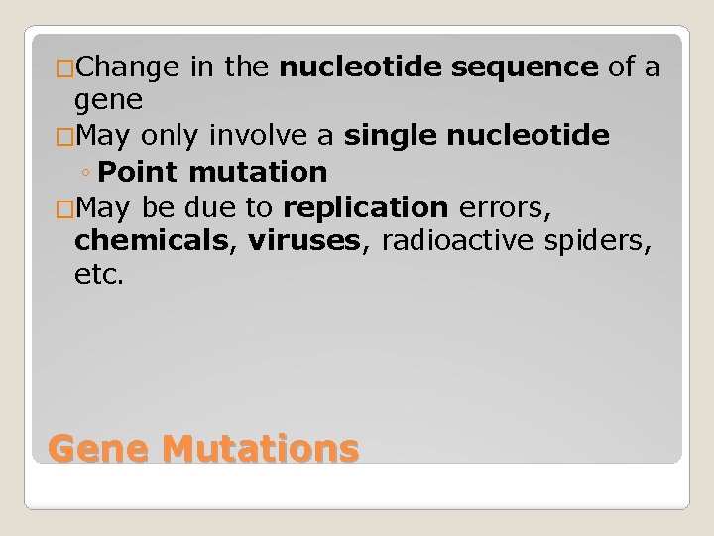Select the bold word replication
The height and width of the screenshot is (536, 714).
pyautogui.click(x=365, y=207)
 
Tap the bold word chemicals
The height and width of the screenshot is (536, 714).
pyautogui.click(x=150, y=241)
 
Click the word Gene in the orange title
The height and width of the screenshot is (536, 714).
pyautogui.click(x=97, y=448)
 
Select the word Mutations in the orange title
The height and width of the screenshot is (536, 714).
pyautogui.click(x=259, y=448)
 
